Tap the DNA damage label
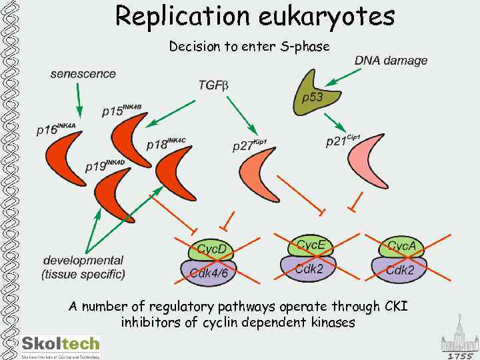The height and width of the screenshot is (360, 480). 391,61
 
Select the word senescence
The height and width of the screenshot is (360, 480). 83,74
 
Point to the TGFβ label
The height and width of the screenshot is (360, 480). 213,85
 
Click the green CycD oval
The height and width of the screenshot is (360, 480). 211,250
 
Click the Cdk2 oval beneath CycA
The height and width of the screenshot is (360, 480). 400,269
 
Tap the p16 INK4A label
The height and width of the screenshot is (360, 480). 56,129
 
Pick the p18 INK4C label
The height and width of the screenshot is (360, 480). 166,143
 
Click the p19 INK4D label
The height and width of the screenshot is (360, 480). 105,165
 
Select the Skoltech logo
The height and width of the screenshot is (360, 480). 61,345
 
